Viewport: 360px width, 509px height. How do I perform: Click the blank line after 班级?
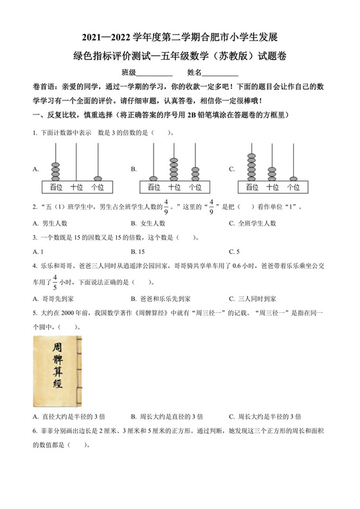[154, 74]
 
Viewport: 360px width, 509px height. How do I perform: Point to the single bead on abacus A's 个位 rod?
[97, 178]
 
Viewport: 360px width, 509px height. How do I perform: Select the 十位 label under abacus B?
[174, 187]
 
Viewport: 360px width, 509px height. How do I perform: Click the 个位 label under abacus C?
[292, 187]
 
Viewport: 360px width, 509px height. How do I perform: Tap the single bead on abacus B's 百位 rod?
[153, 178]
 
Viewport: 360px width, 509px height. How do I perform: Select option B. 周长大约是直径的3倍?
[166, 416]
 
